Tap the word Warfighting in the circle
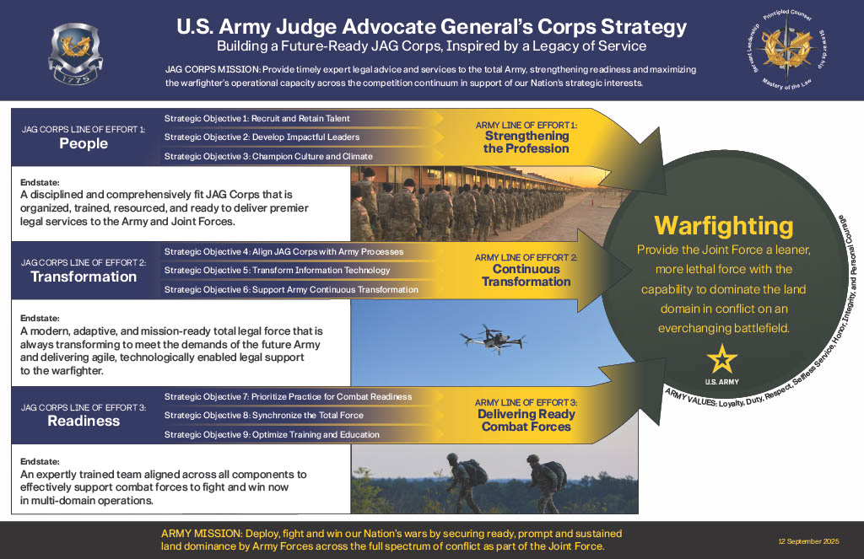[x=724, y=225]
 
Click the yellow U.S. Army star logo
[x=721, y=360]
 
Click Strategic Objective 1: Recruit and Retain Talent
[x=256, y=118]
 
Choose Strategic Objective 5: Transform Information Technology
[x=277, y=271]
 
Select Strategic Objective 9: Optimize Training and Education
[x=272, y=434]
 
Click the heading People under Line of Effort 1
[x=84, y=143]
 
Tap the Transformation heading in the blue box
[x=84, y=277]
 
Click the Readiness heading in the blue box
[x=84, y=421]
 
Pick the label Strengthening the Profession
[x=526, y=142]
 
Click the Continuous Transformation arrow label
[x=526, y=276]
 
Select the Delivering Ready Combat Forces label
[x=526, y=420]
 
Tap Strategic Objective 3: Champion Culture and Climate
[x=268, y=156]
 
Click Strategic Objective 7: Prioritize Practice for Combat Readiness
[x=288, y=396]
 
